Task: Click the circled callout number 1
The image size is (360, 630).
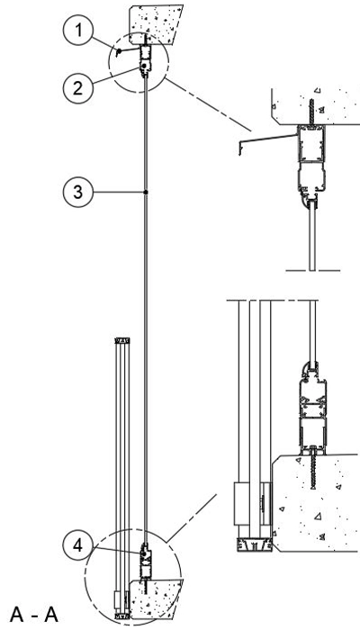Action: [78, 31]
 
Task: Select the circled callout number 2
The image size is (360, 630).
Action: [78, 88]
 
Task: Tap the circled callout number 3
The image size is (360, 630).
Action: [78, 193]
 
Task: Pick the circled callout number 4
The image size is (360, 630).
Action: [78, 546]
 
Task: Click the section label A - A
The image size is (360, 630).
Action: [34, 615]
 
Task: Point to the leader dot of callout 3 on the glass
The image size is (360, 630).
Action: [146, 193]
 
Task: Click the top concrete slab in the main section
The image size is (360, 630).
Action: [156, 23]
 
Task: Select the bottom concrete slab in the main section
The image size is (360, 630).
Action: [157, 598]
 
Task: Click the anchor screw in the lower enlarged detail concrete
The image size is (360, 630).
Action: [313, 467]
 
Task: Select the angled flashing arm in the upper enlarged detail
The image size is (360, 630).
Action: [267, 139]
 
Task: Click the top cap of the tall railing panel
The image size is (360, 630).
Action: [122, 340]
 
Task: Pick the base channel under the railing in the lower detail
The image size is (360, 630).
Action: [254, 545]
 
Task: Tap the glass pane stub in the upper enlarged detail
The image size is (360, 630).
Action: [312, 236]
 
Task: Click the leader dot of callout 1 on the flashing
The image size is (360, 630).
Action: [119, 50]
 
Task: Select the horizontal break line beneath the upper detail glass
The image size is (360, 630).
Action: [312, 271]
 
